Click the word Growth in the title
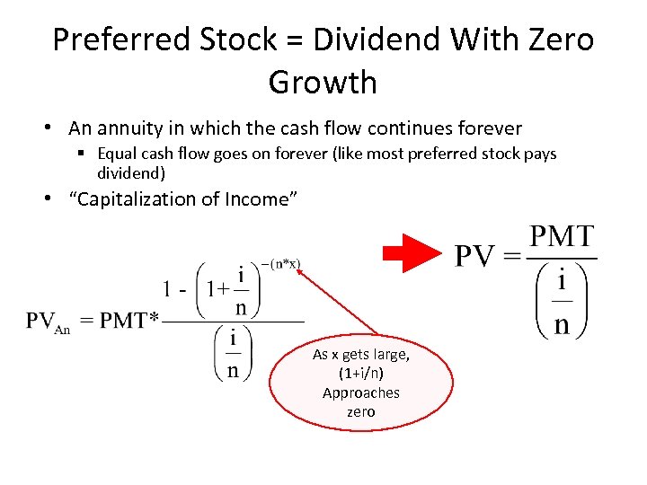[x=323, y=83]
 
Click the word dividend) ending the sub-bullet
[x=130, y=172]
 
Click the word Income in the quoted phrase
[x=261, y=198]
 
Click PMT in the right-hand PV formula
[x=562, y=238]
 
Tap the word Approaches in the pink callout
[x=360, y=392]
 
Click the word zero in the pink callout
[x=360, y=411]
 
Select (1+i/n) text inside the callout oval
[x=360, y=374]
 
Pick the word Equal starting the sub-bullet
[x=120, y=154]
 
